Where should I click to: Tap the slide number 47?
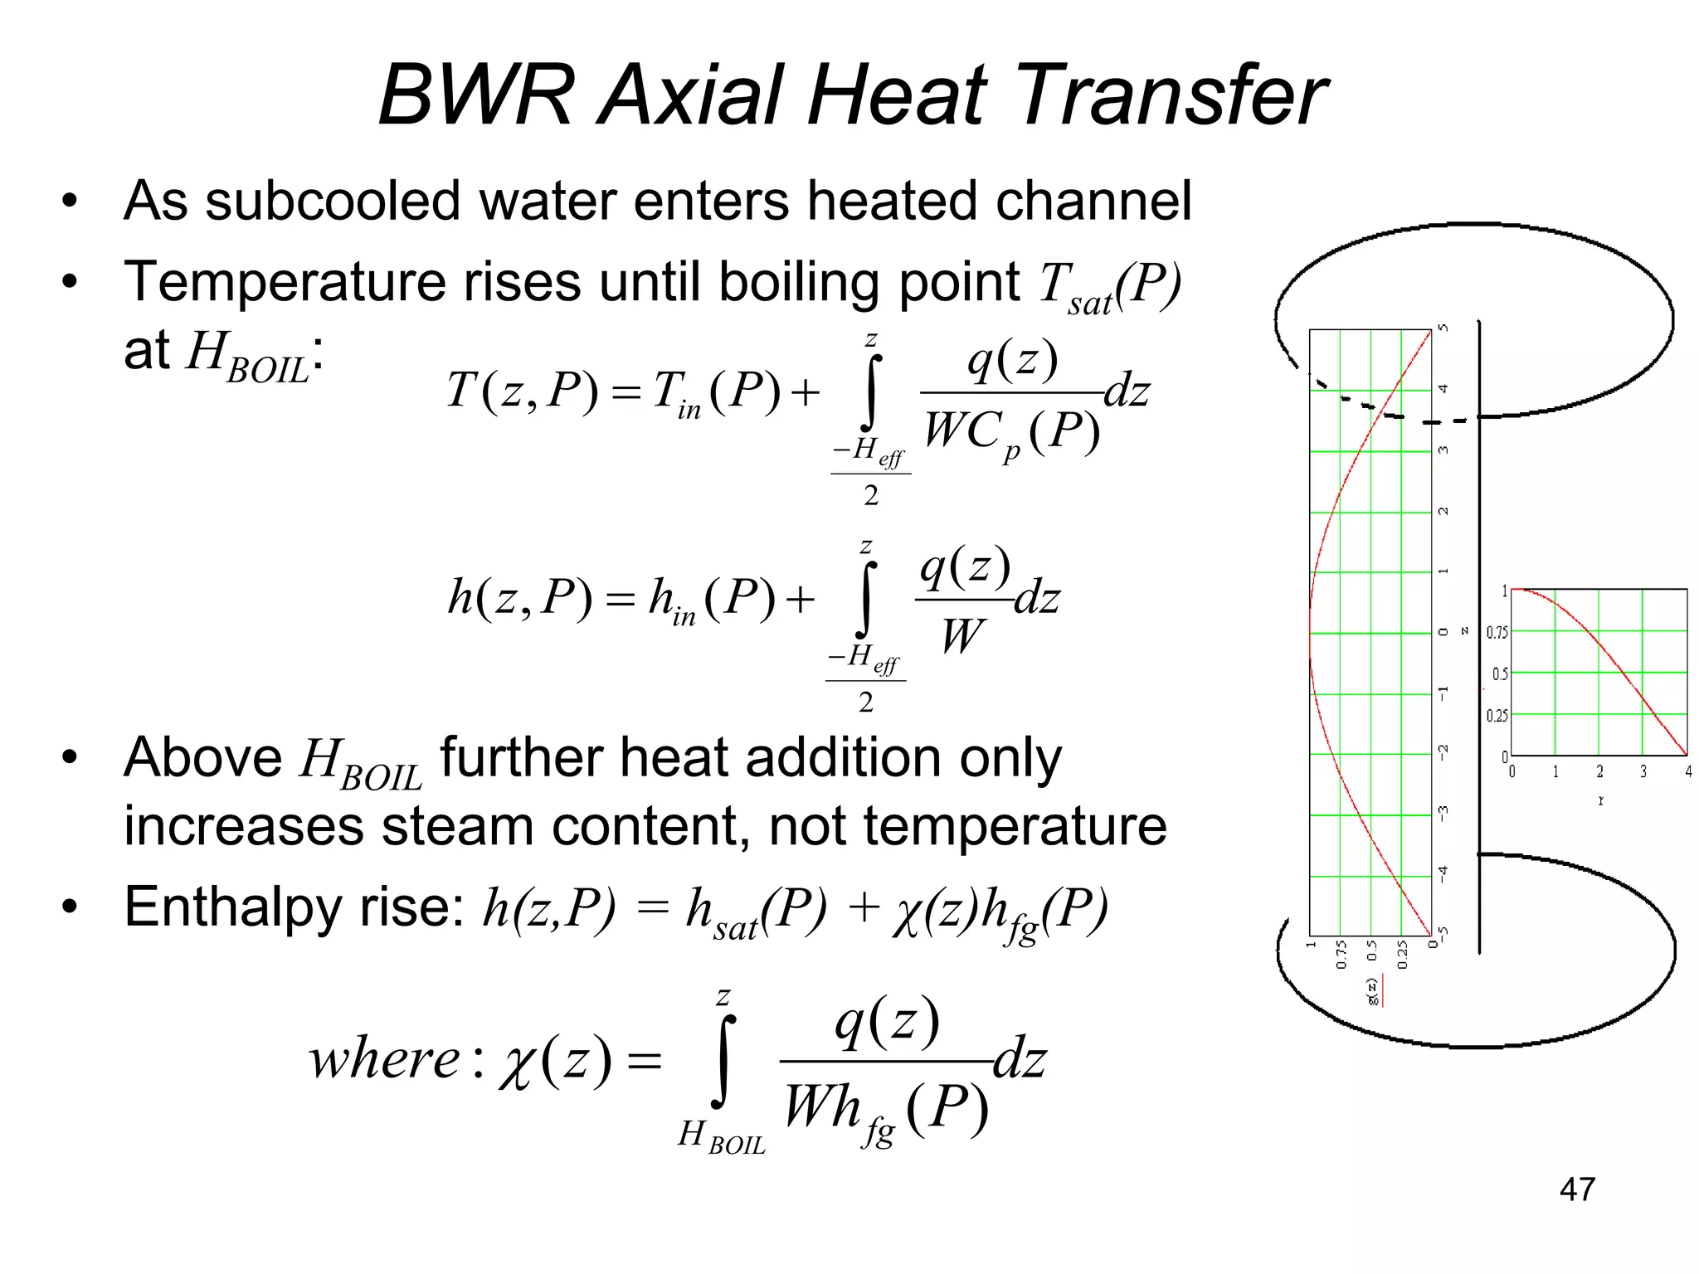[1577, 1189]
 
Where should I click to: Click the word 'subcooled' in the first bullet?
[333, 202]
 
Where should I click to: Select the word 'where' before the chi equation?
[383, 1059]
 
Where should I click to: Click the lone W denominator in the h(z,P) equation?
[962, 637]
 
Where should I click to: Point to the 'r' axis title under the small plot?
[1600, 801]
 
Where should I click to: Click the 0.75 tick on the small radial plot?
[1497, 633]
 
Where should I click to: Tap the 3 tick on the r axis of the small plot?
[1643, 772]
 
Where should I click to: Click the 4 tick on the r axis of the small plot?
[1687, 772]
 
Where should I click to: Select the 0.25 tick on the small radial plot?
[1497, 716]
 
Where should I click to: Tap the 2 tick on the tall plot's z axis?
[1443, 511]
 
